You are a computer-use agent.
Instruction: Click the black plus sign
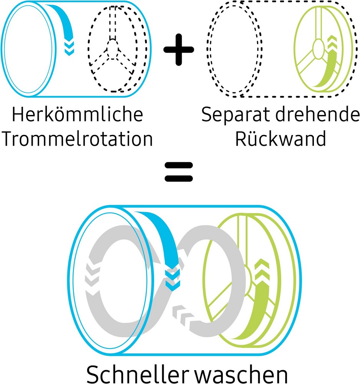click(x=179, y=50)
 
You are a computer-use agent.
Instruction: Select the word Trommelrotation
click(x=77, y=139)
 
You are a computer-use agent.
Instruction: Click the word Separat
click(x=236, y=115)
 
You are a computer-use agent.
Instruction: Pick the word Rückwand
click(x=280, y=139)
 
